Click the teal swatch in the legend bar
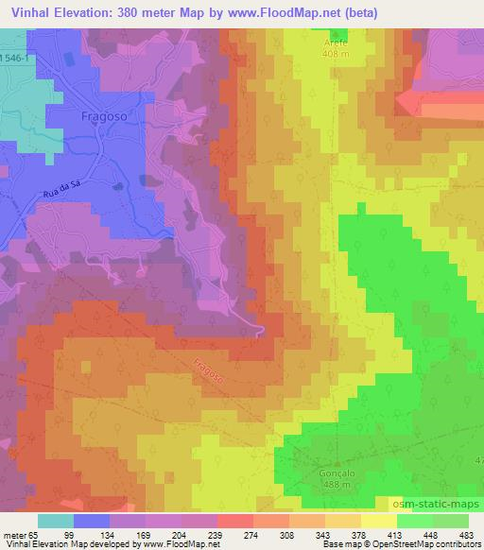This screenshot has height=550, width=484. coord(56,521)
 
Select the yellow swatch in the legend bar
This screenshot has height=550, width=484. coord(379,521)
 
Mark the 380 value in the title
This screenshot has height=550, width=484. coord(144,12)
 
